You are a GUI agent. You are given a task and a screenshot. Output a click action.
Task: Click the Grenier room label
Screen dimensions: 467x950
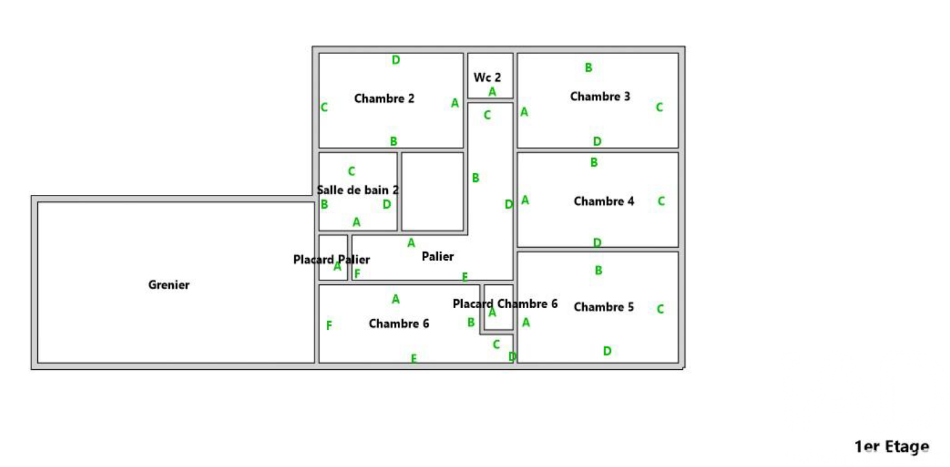169,285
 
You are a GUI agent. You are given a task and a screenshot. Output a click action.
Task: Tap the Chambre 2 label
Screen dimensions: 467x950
384,99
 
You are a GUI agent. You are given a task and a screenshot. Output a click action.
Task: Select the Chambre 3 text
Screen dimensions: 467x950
600,97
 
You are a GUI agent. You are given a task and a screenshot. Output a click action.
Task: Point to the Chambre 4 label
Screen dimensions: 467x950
603,201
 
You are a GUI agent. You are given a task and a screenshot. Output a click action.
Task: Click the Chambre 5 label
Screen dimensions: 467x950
603,307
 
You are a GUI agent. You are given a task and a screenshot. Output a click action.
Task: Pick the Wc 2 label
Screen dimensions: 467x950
487,77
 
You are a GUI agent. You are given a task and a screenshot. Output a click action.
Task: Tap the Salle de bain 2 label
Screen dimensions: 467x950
358,190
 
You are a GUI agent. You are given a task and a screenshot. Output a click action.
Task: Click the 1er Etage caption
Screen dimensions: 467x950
891,447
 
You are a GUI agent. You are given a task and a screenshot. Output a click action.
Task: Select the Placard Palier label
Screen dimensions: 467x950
331,259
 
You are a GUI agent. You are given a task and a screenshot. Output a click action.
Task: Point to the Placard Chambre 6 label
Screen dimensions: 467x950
505,304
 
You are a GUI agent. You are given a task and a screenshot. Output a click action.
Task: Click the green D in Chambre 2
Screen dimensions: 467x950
396,60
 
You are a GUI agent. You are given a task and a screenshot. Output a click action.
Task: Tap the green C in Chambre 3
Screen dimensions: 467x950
659,108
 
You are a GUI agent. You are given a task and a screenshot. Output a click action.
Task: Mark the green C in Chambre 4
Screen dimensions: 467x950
661,201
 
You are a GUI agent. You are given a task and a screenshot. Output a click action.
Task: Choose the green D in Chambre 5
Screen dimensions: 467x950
607,351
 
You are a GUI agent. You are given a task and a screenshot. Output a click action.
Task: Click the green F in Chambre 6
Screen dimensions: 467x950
329,326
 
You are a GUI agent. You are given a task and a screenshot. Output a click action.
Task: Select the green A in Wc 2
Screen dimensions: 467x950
492,92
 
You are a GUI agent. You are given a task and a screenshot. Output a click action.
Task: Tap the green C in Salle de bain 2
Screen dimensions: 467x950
351,172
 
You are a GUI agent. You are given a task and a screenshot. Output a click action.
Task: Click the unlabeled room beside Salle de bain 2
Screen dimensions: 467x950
432,192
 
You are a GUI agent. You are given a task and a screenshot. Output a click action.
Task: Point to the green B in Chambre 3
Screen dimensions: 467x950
588,68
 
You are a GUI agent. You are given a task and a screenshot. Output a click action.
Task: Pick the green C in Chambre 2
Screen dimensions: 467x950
324,108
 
